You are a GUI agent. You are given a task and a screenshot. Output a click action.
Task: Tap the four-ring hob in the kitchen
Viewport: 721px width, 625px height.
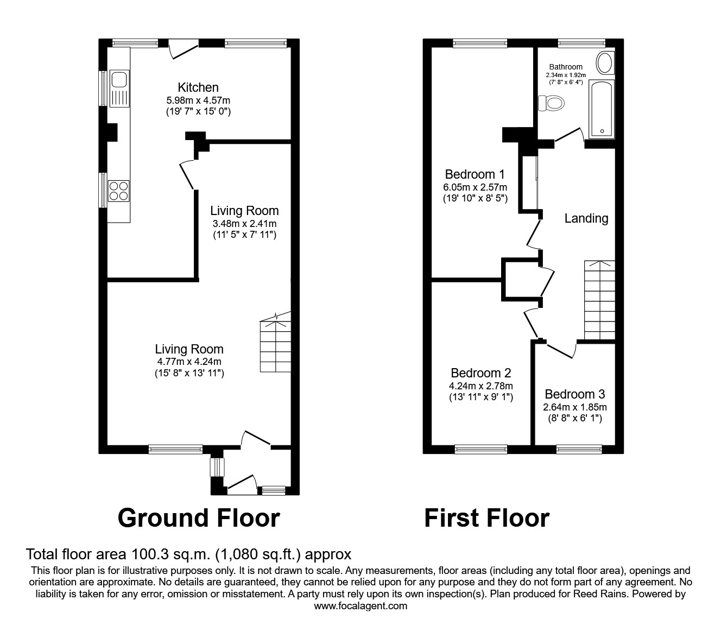click(x=119, y=191)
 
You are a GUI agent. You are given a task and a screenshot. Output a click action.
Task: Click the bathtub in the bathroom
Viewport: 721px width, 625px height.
click(x=602, y=109)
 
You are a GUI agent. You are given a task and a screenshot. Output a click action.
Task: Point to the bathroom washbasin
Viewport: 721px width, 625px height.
click(x=605, y=63)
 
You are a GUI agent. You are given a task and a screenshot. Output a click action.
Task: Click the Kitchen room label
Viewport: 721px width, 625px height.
click(x=198, y=87)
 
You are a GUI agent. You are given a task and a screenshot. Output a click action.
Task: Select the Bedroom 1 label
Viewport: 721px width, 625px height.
click(x=475, y=174)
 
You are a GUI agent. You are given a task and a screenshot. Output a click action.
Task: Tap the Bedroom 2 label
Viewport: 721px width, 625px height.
click(x=480, y=373)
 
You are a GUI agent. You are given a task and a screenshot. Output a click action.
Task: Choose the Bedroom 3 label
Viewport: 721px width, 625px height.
click(x=574, y=394)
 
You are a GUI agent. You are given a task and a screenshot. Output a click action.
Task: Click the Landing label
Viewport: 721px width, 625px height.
click(x=586, y=218)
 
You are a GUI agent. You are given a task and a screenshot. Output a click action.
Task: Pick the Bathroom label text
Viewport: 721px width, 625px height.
click(x=565, y=67)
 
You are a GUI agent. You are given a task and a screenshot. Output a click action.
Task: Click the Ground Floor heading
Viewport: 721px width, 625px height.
click(x=199, y=518)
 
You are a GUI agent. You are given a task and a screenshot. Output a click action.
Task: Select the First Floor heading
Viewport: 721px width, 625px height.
click(x=486, y=518)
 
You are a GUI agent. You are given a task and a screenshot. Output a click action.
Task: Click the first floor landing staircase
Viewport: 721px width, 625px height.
click(x=599, y=300)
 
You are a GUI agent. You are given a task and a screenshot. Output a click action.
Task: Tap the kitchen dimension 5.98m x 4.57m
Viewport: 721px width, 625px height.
click(x=198, y=100)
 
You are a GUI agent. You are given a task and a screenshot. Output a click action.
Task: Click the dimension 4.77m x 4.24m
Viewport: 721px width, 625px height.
click(x=189, y=362)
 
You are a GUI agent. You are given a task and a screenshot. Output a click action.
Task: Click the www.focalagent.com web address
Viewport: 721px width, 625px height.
click(x=360, y=606)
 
